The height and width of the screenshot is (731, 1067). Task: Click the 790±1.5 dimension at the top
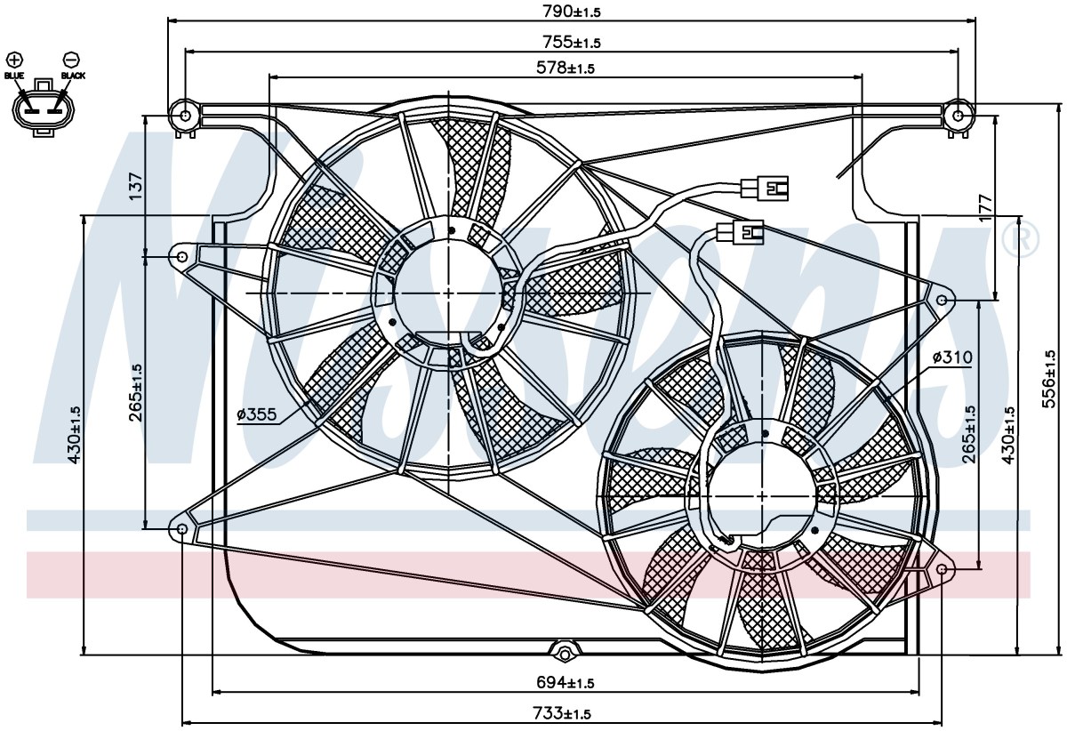click(572, 12)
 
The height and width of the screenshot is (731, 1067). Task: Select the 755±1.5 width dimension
click(572, 43)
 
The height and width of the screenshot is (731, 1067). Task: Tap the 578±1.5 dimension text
click(566, 68)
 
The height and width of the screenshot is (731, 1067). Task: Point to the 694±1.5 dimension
click(566, 683)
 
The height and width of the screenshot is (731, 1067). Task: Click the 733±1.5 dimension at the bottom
click(562, 713)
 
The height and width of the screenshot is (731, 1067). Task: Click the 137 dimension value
click(135, 186)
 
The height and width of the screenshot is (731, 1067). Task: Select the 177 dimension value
click(986, 208)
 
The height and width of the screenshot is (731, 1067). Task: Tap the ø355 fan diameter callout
click(257, 414)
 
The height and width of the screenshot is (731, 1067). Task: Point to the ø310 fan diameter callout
click(952, 357)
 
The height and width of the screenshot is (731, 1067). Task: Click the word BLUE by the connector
click(14, 76)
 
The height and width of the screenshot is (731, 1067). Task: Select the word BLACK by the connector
click(73, 76)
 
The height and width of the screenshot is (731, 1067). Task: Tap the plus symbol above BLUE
click(15, 60)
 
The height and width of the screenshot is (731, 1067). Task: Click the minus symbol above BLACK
click(71, 60)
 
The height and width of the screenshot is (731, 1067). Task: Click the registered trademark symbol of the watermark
click(1021, 240)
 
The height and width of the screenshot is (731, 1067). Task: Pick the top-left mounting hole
click(186, 116)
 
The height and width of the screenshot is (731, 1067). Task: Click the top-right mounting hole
click(959, 116)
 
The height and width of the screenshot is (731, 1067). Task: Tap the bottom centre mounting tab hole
click(565, 654)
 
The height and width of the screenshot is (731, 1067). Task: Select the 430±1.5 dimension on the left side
click(75, 435)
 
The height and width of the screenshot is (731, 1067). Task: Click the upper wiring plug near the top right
click(765, 188)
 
